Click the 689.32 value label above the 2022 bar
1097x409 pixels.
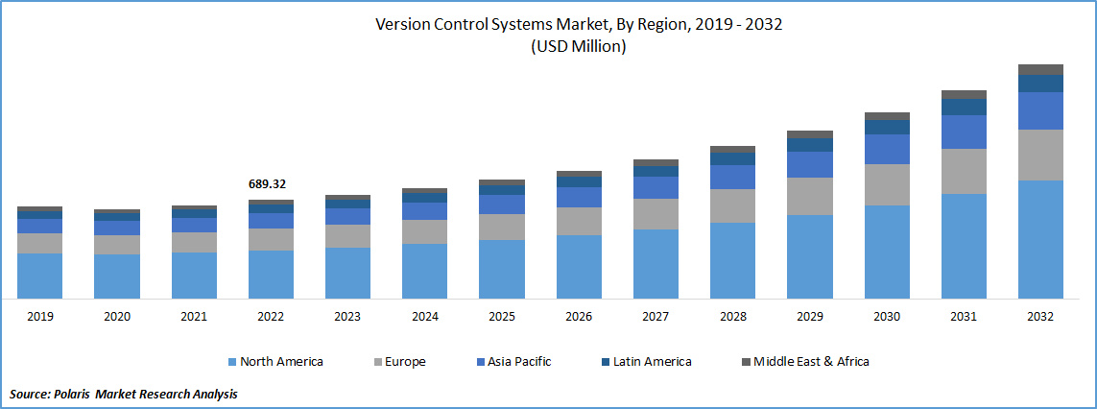click(x=267, y=183)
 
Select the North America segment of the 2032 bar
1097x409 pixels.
click(x=1040, y=239)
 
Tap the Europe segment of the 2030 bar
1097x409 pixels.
click(x=887, y=184)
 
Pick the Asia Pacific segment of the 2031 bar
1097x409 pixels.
click(x=964, y=132)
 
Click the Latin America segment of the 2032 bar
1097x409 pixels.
click(x=1040, y=84)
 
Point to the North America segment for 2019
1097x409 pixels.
click(x=39, y=276)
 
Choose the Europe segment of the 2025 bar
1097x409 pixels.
click(x=502, y=227)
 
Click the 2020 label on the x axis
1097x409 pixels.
click(x=116, y=316)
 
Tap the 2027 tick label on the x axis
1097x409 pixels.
click(x=656, y=316)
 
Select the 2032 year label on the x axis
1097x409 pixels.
click(x=1040, y=316)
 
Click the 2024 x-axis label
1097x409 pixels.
click(x=424, y=316)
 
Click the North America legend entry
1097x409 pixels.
click(x=274, y=362)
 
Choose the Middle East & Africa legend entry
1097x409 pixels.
click(x=804, y=362)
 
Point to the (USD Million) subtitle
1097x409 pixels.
click(x=579, y=47)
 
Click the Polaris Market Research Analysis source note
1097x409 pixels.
click(x=124, y=394)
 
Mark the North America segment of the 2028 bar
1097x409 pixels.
click(x=732, y=260)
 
